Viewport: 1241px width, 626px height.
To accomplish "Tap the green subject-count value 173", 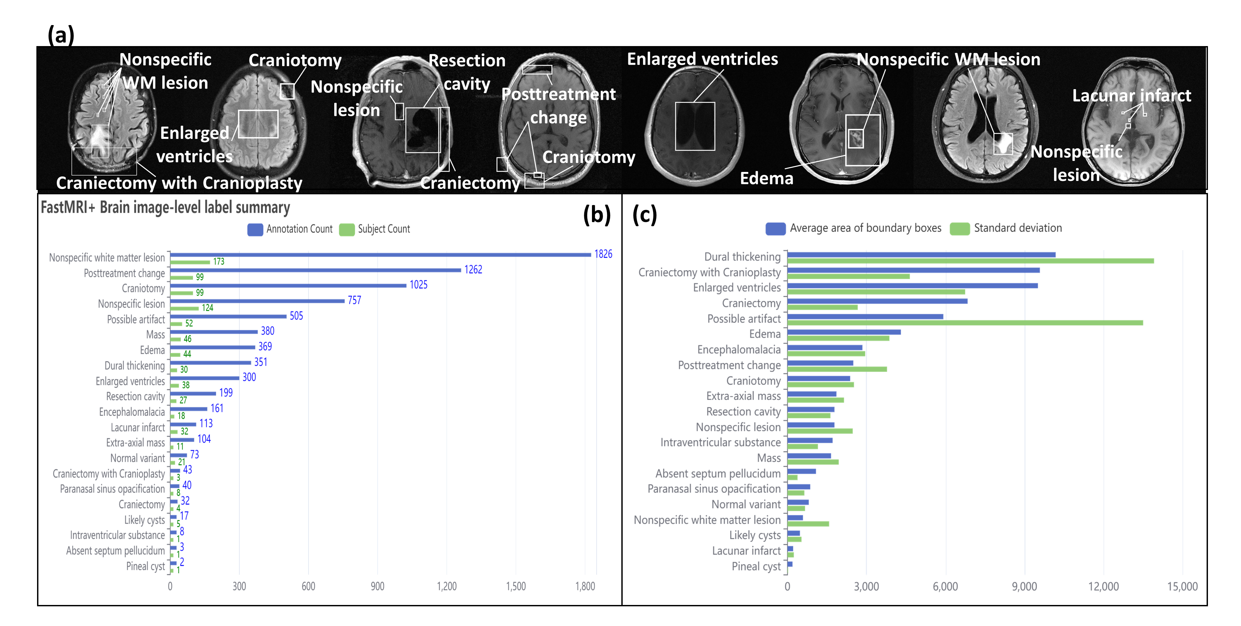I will coord(219,262).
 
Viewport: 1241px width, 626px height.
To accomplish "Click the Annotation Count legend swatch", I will coord(255,229).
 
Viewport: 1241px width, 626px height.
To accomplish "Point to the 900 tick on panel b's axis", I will coord(377,587).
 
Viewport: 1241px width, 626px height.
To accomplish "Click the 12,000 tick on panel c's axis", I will coord(1103,587).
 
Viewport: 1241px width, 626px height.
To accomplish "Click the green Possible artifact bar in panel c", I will coord(965,323).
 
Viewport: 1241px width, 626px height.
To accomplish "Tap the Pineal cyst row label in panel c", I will coord(756,566).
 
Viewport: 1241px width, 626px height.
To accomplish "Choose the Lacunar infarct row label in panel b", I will coord(138,427).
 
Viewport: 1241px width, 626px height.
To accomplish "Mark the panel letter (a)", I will coord(61,35).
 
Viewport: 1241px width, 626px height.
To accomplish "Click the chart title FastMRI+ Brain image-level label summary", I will coord(165,208).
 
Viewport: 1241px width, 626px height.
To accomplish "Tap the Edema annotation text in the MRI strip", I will coord(766,178).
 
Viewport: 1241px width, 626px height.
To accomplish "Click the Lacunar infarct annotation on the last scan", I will coord(1131,95).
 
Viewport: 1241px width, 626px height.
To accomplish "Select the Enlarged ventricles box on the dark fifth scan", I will coord(695,126).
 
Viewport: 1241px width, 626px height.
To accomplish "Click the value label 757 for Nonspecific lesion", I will coord(354,300).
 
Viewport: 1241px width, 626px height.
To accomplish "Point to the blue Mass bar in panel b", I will coord(214,332).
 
